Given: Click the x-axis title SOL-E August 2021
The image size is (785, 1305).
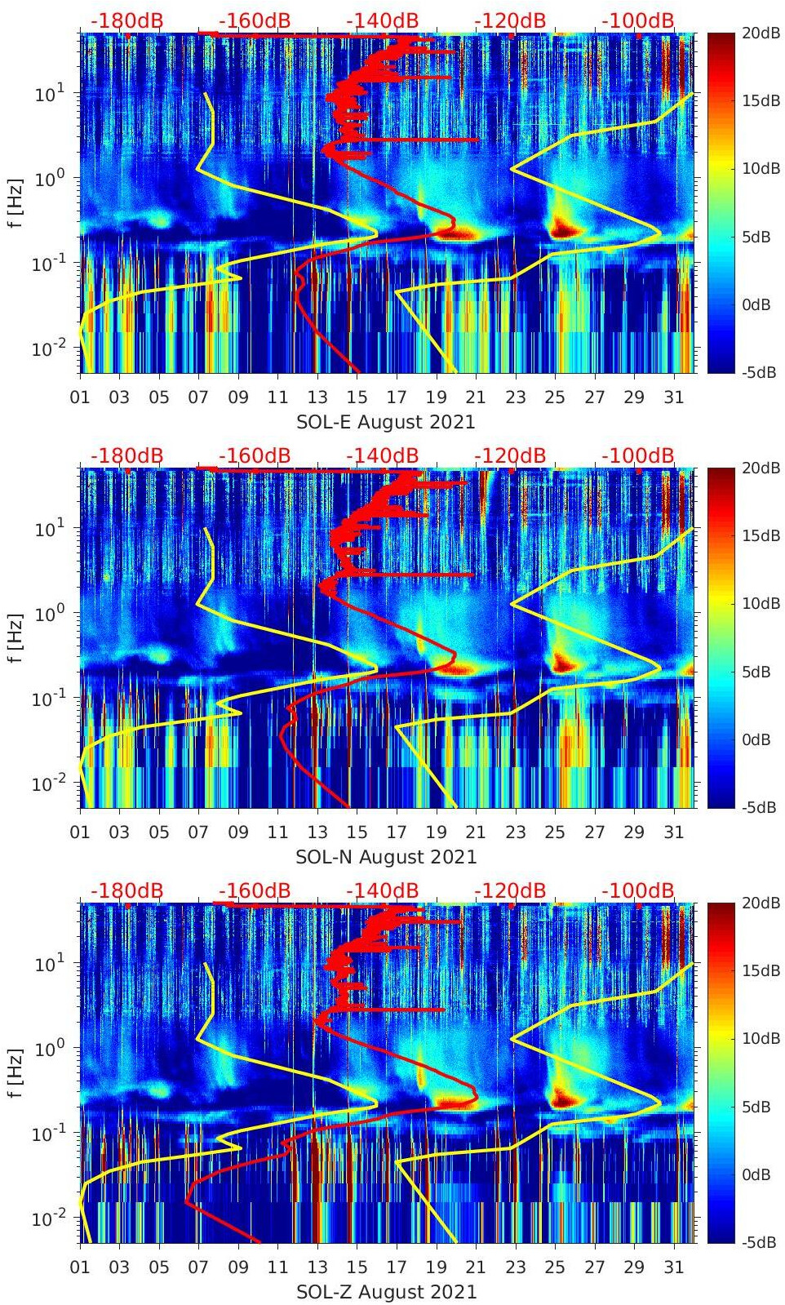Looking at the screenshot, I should [385, 422].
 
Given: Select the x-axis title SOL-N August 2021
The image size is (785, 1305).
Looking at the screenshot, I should [386, 857].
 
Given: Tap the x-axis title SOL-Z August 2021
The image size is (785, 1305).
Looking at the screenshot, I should [386, 1292].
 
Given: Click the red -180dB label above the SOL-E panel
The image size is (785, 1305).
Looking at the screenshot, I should [126, 20].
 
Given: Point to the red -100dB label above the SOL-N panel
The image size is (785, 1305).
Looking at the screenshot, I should [638, 455].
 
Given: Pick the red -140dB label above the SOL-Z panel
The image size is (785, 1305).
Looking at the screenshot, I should [382, 890].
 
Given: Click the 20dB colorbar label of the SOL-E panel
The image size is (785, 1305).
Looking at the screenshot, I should [761, 33].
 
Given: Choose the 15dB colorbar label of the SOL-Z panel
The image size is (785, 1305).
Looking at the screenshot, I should [761, 970].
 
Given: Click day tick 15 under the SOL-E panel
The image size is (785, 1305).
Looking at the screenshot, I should [357, 397].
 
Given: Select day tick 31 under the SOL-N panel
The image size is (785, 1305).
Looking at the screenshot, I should [673, 832].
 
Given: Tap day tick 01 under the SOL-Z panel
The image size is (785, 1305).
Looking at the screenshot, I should [80, 1267].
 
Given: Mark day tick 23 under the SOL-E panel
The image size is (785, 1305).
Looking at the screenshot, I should [515, 397].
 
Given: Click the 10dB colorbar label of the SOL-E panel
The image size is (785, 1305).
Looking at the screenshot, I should [761, 169].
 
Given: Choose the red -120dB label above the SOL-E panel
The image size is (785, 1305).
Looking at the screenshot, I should [510, 20].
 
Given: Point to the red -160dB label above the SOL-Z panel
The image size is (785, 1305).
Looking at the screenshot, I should [255, 890].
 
